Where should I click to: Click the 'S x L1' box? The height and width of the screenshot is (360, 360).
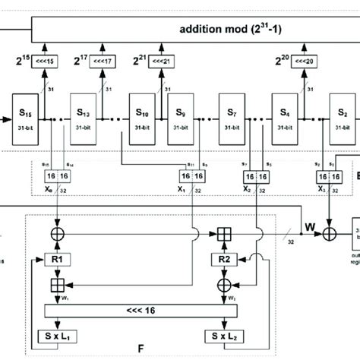tap(58, 336)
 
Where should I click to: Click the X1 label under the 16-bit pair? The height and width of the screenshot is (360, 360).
tap(180, 191)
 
